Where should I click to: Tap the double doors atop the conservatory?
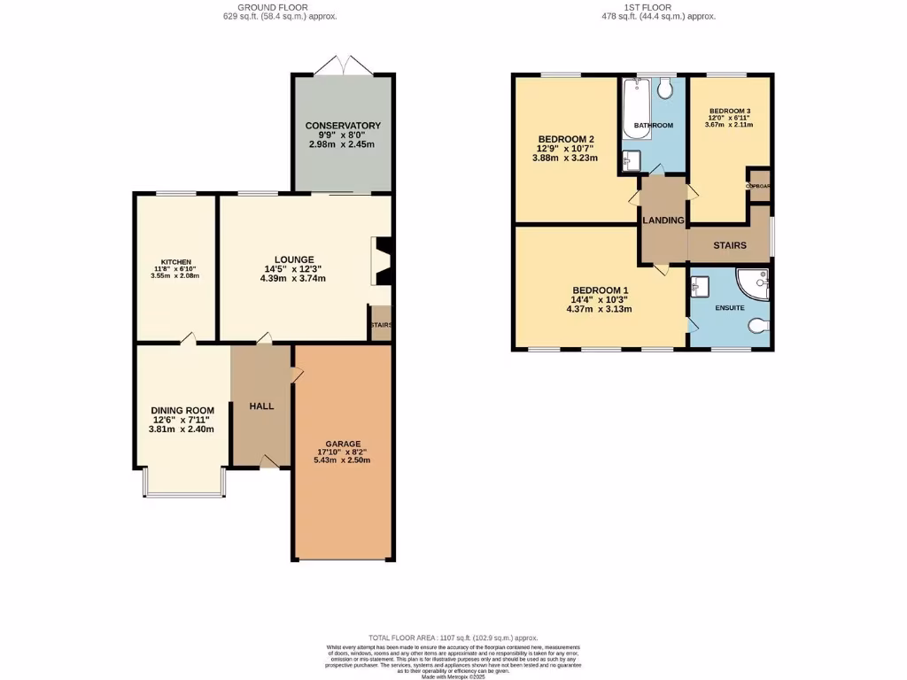[x=342, y=66]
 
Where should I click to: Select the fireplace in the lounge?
[x=382, y=261]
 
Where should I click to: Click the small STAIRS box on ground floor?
[x=381, y=324]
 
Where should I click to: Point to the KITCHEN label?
[x=175, y=262]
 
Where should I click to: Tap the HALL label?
[x=261, y=406]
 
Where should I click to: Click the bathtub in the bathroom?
[x=637, y=108]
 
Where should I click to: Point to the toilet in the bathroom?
[x=667, y=88]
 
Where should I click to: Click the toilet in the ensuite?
[x=759, y=327]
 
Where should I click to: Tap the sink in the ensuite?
[x=700, y=285]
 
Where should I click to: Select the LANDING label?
[x=663, y=220]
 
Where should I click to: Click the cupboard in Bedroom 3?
[x=759, y=186]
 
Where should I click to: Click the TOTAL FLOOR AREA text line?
[x=453, y=637]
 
